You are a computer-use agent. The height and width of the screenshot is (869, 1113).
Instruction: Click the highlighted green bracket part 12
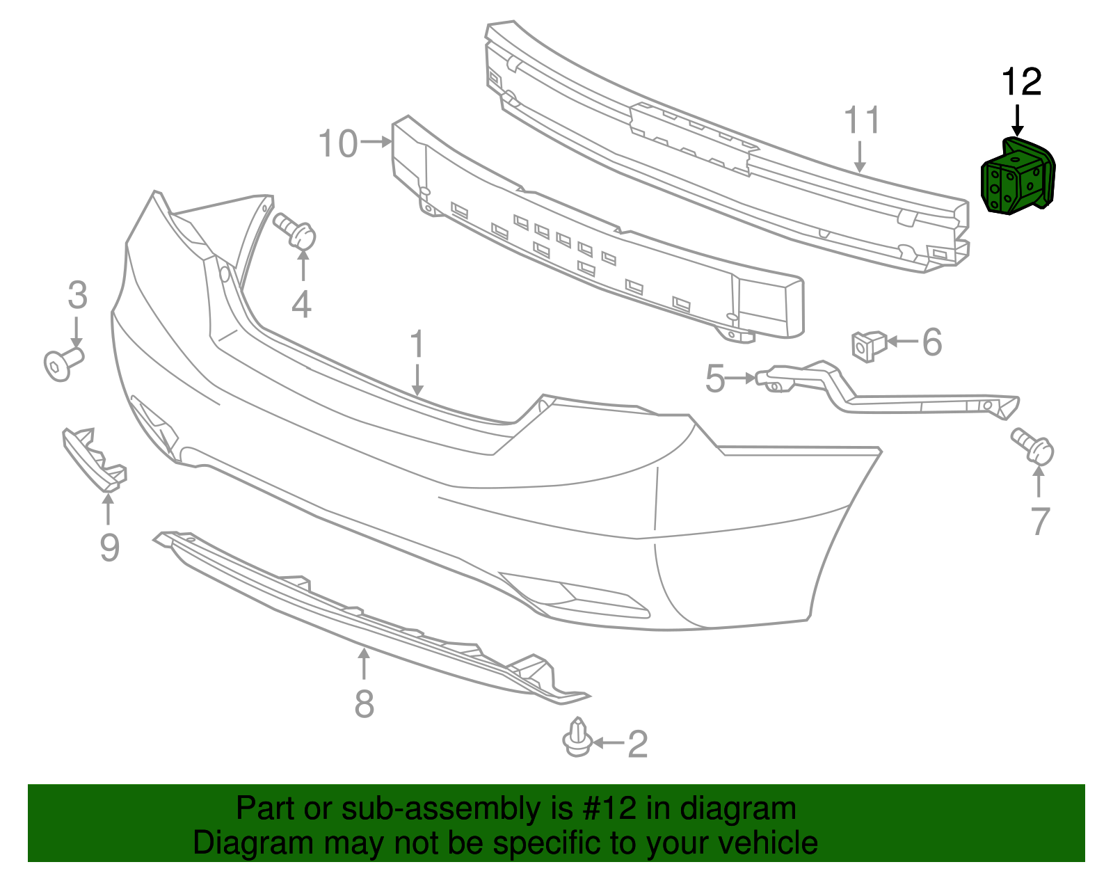1016,178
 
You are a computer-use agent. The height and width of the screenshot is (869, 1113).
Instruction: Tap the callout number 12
1021,83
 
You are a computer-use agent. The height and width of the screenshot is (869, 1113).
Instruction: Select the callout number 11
862,120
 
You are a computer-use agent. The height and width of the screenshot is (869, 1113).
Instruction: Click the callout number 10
337,144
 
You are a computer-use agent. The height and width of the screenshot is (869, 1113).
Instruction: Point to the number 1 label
417,345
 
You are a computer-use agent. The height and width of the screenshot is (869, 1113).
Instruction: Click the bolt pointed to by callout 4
295,230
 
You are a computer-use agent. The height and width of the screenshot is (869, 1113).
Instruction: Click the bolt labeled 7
1034,445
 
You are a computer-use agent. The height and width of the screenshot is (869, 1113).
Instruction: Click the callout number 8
364,703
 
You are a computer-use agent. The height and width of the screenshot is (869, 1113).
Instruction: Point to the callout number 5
714,379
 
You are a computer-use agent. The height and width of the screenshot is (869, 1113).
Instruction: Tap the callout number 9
109,548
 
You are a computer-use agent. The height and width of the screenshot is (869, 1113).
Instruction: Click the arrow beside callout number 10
376,142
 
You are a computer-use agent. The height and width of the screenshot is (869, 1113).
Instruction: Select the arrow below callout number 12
1018,120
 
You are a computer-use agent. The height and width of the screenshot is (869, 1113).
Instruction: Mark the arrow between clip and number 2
608,743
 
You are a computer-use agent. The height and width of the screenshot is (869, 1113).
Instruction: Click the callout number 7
1039,521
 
